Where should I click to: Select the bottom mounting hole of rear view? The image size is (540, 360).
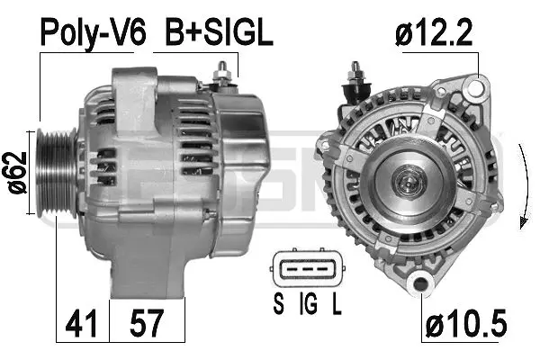(418, 286)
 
